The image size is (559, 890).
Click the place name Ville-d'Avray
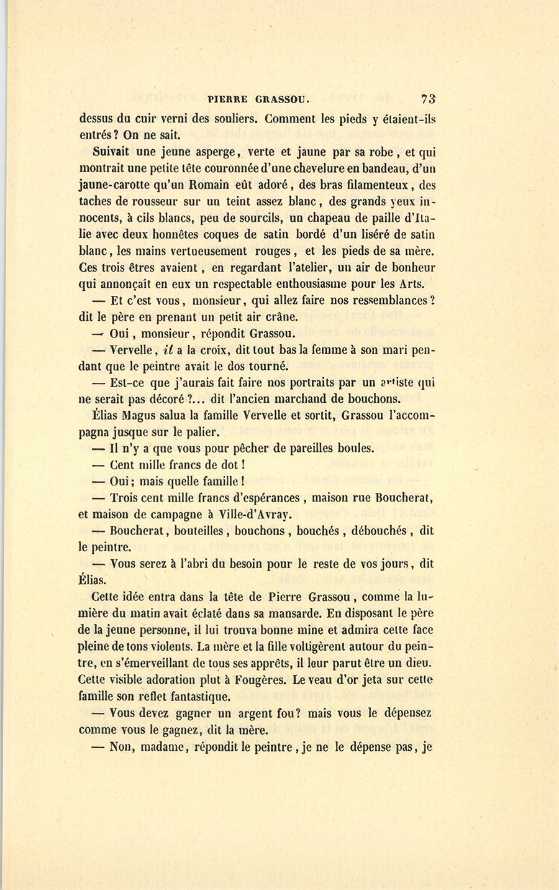(x=255, y=514)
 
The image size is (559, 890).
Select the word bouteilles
(x=202, y=531)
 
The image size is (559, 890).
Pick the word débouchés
(x=379, y=531)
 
